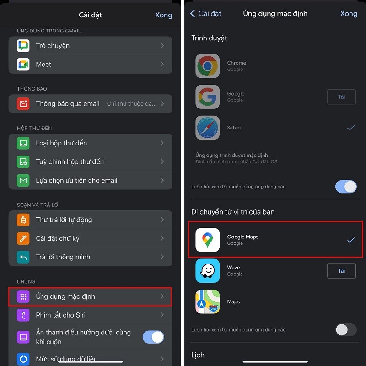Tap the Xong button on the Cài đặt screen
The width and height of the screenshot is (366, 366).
point(163,15)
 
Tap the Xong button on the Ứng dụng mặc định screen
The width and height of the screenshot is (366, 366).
point(349,14)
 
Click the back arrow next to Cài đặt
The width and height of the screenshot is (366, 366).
point(193,14)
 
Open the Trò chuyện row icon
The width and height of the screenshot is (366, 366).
point(23,46)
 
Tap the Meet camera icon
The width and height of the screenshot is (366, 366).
point(23,65)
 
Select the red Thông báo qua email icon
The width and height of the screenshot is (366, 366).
point(23,104)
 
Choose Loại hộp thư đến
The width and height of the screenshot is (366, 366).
point(61,143)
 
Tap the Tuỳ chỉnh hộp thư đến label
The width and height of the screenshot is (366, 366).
point(70,161)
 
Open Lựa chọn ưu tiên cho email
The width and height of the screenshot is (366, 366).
point(76,180)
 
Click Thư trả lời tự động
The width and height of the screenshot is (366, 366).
point(64,220)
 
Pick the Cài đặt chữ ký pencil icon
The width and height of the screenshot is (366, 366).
point(23,238)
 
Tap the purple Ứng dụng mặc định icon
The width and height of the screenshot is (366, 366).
point(23,296)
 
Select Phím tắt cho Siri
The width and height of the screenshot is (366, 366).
point(60,315)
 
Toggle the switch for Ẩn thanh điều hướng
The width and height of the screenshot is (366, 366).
point(153,337)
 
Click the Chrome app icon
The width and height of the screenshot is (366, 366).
point(208,66)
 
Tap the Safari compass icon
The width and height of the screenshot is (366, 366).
point(208,128)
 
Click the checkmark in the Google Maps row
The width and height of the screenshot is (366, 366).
point(350,240)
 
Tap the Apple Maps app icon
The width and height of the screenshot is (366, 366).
point(208,302)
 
